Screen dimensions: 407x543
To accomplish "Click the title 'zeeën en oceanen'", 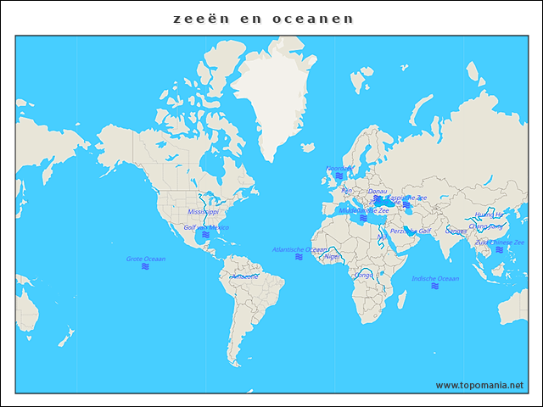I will tap(263, 19).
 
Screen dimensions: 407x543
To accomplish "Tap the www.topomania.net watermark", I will tap(479, 385).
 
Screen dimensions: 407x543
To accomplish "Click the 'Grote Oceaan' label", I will tap(146, 259).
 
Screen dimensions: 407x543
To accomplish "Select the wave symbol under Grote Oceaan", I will tap(146, 267).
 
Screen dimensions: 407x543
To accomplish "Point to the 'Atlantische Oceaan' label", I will tap(299, 249).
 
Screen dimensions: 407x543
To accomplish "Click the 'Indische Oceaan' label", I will tap(434, 278).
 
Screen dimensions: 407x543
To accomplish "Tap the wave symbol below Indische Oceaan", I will tap(434, 287).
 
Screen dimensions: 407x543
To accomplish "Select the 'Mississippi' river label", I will tap(203, 211).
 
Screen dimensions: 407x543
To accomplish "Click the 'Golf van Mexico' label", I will tap(206, 227).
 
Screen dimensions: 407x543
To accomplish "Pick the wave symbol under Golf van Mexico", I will tap(205, 235).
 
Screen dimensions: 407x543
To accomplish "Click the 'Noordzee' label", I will tap(339, 168).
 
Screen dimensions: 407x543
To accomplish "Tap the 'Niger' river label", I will tap(333, 256).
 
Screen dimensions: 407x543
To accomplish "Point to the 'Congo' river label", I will tap(364, 275).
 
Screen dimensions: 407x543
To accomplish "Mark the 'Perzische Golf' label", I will tap(411, 230).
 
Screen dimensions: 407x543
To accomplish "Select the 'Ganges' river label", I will tap(456, 231).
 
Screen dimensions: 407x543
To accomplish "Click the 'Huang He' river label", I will tap(489, 215).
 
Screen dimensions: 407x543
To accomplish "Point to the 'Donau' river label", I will tap(378, 191).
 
